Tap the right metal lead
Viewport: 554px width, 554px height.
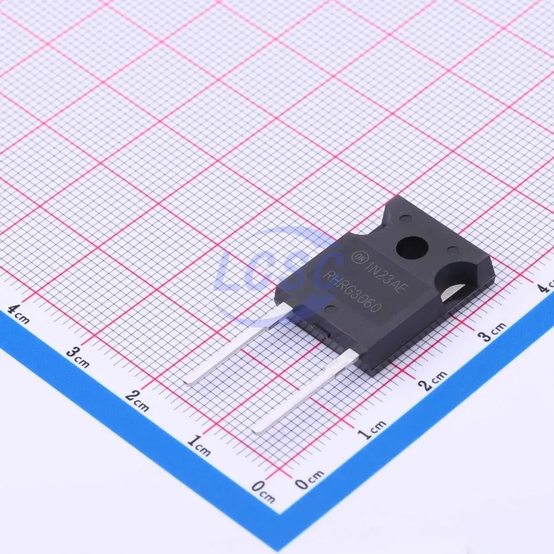coord(307,391)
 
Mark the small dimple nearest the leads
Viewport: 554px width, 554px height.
coord(331,309)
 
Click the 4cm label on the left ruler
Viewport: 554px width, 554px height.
coord(18,315)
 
